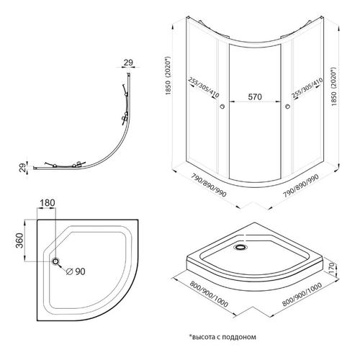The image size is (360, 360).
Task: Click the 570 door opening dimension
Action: pos(255,97)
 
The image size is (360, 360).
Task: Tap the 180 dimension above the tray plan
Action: pos(48,203)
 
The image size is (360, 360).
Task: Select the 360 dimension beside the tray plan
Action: pos(19,240)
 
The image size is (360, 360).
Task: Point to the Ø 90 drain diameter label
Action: pos(76,271)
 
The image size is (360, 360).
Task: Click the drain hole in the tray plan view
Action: pos(55,261)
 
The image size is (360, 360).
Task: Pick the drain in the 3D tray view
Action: pos(240,247)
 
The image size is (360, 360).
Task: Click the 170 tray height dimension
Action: pos(331,269)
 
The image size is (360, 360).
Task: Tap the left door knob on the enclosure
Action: pos(222,106)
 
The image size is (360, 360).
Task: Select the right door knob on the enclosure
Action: pos(287,106)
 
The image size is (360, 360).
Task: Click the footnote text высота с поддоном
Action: pos(222,337)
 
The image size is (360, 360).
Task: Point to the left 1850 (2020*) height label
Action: pos(168,76)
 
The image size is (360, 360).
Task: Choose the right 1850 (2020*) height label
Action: pos(333,86)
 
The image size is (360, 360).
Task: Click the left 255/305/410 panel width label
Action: pos(204,88)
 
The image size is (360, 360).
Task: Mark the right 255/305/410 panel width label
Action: pos(307,88)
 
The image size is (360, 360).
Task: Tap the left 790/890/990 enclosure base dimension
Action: pos(209,185)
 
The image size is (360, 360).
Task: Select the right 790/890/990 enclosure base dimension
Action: pos(301,186)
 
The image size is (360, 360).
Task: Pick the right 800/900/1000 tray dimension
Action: pos(302,294)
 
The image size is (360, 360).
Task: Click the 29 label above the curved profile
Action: pos(128,63)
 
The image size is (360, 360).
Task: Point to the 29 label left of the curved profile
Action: pos(22,168)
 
